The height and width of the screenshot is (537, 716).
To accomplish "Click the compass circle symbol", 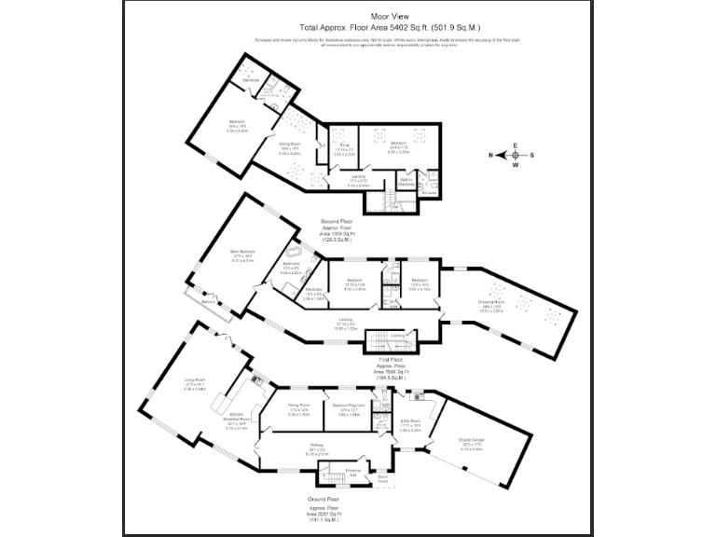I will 514,156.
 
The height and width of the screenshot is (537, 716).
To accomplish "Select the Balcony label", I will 209,302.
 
